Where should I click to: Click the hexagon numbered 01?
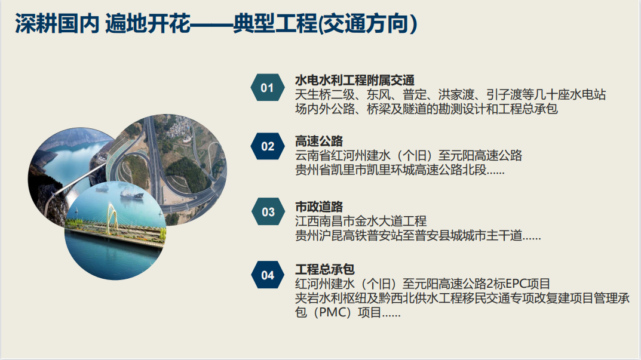[x=268, y=87]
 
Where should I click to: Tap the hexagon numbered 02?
[x=268, y=146]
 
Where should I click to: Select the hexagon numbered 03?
[x=268, y=212]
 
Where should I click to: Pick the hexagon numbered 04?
[x=268, y=275]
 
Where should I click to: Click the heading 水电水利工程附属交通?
[x=355, y=80]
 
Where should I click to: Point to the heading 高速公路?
[x=319, y=141]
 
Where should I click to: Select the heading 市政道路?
[x=319, y=207]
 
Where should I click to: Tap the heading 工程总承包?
[x=324, y=269]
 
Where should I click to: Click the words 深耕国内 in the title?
[x=57, y=23]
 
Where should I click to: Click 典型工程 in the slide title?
[x=275, y=23]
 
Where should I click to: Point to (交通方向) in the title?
[x=367, y=23]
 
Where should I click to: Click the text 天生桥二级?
[x=325, y=95]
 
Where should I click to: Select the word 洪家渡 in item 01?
[x=456, y=95]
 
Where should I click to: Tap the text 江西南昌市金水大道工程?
[x=361, y=221]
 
